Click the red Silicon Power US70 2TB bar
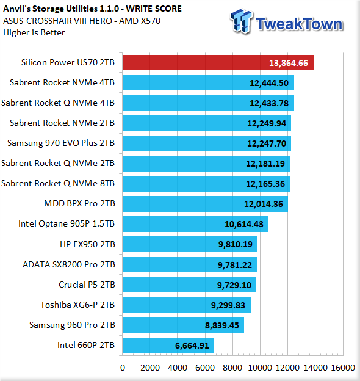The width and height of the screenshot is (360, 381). pyautogui.click(x=218, y=63)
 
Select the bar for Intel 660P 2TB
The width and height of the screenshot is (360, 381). pyautogui.click(x=168, y=345)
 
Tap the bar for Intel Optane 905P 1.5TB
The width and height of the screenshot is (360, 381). pyautogui.click(x=195, y=224)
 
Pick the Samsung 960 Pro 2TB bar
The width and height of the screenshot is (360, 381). pyautogui.click(x=183, y=325)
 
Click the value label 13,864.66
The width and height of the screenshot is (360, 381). pyautogui.click(x=289, y=63)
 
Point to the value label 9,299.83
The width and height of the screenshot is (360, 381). pyautogui.click(x=228, y=305)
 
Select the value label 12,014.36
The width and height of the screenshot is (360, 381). pyautogui.click(x=264, y=204)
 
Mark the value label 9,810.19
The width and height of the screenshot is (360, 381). pyautogui.click(x=236, y=244)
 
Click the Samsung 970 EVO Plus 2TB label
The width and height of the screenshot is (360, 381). pyautogui.click(x=60, y=143)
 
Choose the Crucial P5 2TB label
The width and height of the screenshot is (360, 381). pyautogui.click(x=87, y=285)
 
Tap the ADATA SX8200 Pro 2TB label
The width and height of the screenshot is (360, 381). pyautogui.click(x=69, y=264)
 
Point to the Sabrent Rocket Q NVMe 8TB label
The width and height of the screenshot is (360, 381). pyautogui.click(x=58, y=183)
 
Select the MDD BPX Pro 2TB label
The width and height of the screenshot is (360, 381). pyautogui.click(x=79, y=203)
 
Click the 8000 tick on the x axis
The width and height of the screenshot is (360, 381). pyautogui.click(x=232, y=368)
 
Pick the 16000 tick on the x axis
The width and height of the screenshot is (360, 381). pyautogui.click(x=343, y=368)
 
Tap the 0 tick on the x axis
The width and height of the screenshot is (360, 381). pyautogui.click(x=123, y=368)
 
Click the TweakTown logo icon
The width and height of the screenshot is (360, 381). pyautogui.click(x=241, y=21)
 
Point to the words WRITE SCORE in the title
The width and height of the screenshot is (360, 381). pyautogui.click(x=154, y=9)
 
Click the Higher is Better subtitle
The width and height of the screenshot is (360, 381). pyautogui.click(x=34, y=32)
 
